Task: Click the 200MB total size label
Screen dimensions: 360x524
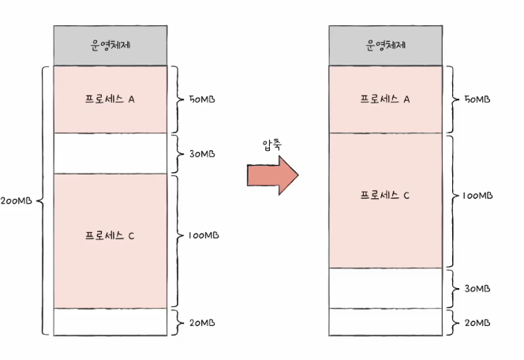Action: pos(17,201)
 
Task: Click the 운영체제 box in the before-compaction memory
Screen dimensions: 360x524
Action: pos(110,45)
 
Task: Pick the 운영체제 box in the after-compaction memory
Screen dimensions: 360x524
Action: pos(385,45)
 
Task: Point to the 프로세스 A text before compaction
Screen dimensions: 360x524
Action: pos(110,99)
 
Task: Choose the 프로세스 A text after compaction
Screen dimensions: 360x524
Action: pos(385,99)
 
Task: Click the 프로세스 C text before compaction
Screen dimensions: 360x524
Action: pos(110,236)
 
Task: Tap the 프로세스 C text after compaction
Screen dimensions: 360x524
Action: pos(385,195)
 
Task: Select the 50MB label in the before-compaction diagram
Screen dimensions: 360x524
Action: pos(202,100)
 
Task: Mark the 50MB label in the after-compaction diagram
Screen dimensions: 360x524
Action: pos(477,100)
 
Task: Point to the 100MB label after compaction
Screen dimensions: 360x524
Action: pos(477,195)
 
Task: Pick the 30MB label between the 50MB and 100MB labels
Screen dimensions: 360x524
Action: pos(202,154)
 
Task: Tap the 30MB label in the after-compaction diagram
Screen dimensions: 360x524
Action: pos(477,288)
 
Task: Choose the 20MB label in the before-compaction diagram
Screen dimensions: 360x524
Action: pos(202,323)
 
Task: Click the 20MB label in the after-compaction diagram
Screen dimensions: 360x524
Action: pos(477,323)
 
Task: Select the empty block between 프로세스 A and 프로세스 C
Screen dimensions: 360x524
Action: pos(110,153)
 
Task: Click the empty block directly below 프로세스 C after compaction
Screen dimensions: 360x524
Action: pos(385,287)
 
